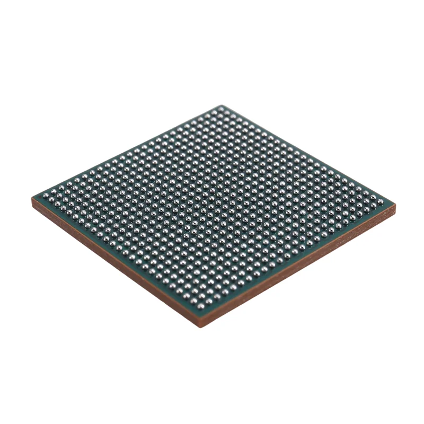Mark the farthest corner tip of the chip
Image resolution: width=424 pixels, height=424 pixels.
221,105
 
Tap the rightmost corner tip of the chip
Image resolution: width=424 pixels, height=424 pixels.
395,204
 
